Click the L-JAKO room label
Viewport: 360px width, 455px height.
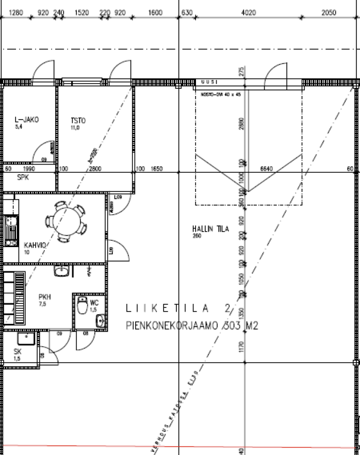pyautogui.click(x=27, y=120)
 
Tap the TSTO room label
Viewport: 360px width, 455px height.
pyautogui.click(x=78, y=120)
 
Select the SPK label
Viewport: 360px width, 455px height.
pyautogui.click(x=23, y=177)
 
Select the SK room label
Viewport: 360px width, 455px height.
pyautogui.click(x=17, y=351)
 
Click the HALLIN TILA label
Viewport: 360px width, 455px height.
pyautogui.click(x=210, y=229)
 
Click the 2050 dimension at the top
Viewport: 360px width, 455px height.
pyautogui.click(x=328, y=13)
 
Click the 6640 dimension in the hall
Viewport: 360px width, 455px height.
pyautogui.click(x=266, y=169)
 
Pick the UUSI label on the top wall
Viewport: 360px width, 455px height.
pyautogui.click(x=209, y=82)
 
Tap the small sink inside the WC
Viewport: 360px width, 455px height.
pyautogui.click(x=100, y=319)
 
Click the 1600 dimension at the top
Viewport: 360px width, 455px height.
pyautogui.click(x=155, y=13)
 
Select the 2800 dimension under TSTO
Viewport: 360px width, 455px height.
pyautogui.click(x=96, y=169)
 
